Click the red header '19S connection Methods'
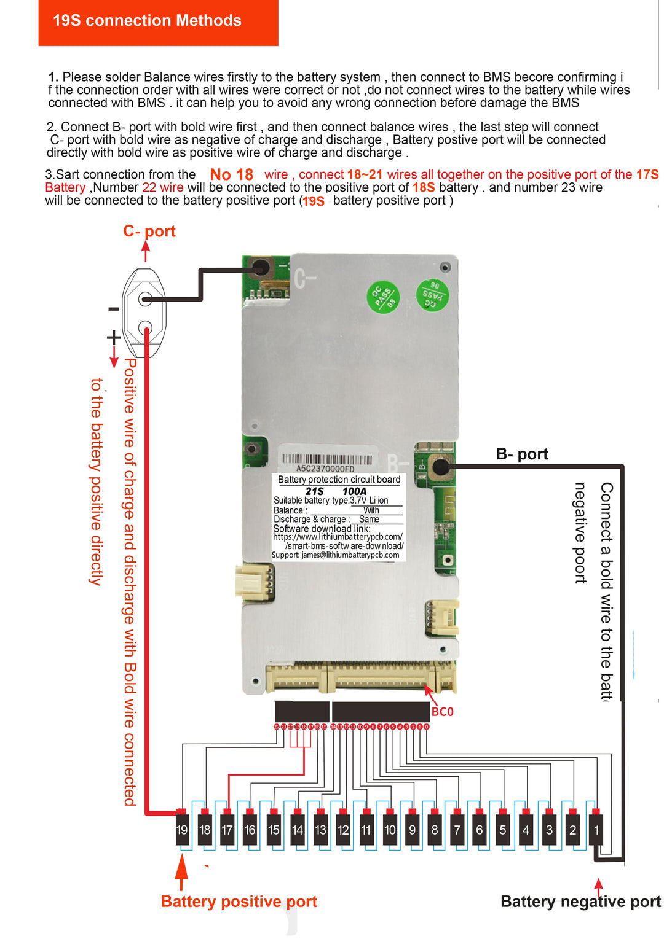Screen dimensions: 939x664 coord(147,21)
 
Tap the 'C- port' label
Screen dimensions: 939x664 coord(149,232)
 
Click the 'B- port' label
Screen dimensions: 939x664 coord(522,454)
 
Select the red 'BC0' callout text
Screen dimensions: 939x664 coord(442,712)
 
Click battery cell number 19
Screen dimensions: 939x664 coord(182,830)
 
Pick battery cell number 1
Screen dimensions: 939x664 coord(596,830)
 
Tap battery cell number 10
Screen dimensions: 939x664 coord(390,830)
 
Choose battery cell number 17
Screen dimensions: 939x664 coord(227,830)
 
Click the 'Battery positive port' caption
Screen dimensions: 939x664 coord(239,902)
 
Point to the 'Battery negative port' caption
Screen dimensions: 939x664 coord(580,902)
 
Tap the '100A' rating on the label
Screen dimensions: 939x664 coord(354,491)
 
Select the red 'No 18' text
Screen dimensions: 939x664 coord(232,175)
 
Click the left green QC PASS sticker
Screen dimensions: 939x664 coord(383,297)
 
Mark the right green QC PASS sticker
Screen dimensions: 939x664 coord(432,295)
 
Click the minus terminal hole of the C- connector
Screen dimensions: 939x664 coord(145,299)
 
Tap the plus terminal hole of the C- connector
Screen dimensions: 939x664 coord(145,327)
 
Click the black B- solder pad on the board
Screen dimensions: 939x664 coord(440,467)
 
